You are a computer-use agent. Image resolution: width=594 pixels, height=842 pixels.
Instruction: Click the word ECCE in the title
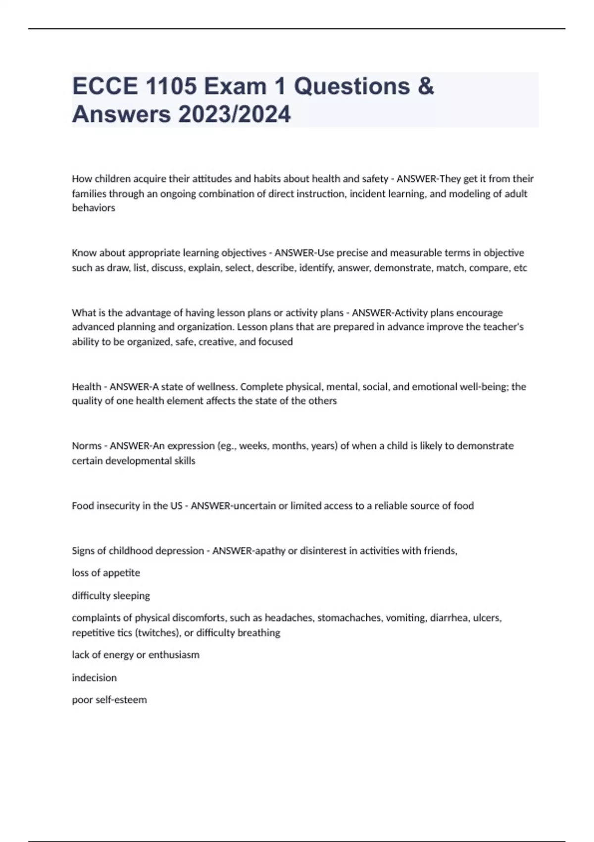(x=105, y=86)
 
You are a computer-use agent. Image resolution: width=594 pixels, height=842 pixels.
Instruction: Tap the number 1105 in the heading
(x=172, y=86)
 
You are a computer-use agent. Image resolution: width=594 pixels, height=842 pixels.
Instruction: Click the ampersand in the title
(x=426, y=86)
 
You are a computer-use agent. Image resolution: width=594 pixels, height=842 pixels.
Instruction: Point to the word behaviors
(x=94, y=208)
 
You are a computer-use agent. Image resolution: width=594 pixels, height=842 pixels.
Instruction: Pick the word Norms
(x=87, y=446)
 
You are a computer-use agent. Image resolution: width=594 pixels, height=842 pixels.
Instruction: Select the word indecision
(x=94, y=678)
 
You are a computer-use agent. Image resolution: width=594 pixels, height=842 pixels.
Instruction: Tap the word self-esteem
(x=121, y=700)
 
